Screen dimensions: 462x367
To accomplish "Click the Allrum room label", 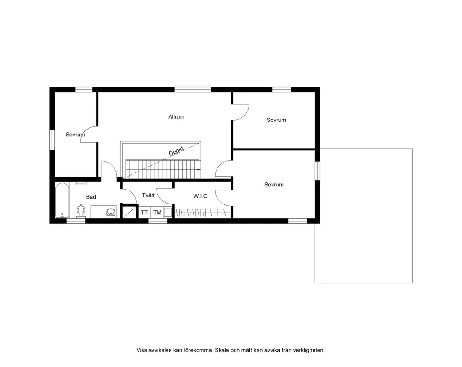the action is [176, 117].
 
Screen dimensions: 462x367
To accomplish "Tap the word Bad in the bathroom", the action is [91, 197].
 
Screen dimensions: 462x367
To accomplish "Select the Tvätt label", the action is [148, 195].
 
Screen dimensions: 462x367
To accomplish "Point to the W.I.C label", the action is [200, 196].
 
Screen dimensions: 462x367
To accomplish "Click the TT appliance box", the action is [144, 212].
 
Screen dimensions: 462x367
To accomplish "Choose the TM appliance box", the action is [157, 212].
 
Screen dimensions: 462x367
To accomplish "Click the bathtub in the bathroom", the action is [62, 200].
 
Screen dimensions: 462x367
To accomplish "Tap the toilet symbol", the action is [81, 211].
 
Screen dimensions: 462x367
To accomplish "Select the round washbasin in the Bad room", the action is [111, 212].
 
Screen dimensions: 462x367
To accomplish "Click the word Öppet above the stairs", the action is [176, 151].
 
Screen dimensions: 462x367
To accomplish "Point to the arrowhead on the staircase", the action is [199, 169].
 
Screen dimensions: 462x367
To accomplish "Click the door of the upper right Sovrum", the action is [241, 112].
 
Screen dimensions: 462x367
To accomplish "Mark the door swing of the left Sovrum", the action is [89, 135].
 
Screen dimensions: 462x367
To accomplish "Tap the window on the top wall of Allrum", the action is [193, 89].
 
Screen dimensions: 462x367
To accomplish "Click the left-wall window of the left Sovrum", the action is [52, 140].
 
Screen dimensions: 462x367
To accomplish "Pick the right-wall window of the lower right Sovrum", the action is [317, 170].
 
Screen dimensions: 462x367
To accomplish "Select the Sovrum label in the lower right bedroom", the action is [274, 185].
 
